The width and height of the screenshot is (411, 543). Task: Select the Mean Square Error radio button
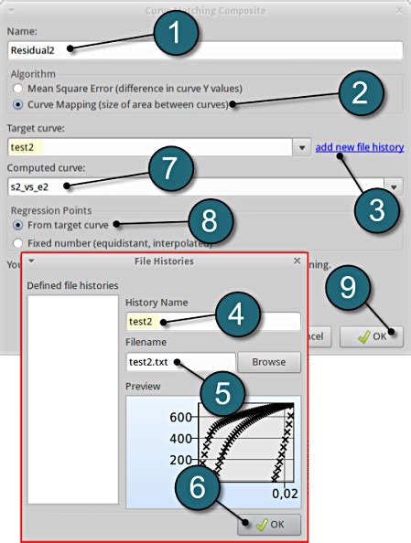click(17, 89)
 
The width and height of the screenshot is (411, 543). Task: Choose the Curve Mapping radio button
click(17, 104)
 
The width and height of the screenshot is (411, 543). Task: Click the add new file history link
click(359, 146)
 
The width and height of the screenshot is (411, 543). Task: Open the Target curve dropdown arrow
click(303, 146)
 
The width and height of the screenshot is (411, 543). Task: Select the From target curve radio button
click(17, 224)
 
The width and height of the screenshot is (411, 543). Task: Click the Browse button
click(269, 362)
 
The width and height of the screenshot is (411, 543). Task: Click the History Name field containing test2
click(213, 322)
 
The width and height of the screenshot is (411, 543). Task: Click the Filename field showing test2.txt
click(180, 362)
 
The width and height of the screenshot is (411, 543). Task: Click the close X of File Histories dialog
click(296, 261)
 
